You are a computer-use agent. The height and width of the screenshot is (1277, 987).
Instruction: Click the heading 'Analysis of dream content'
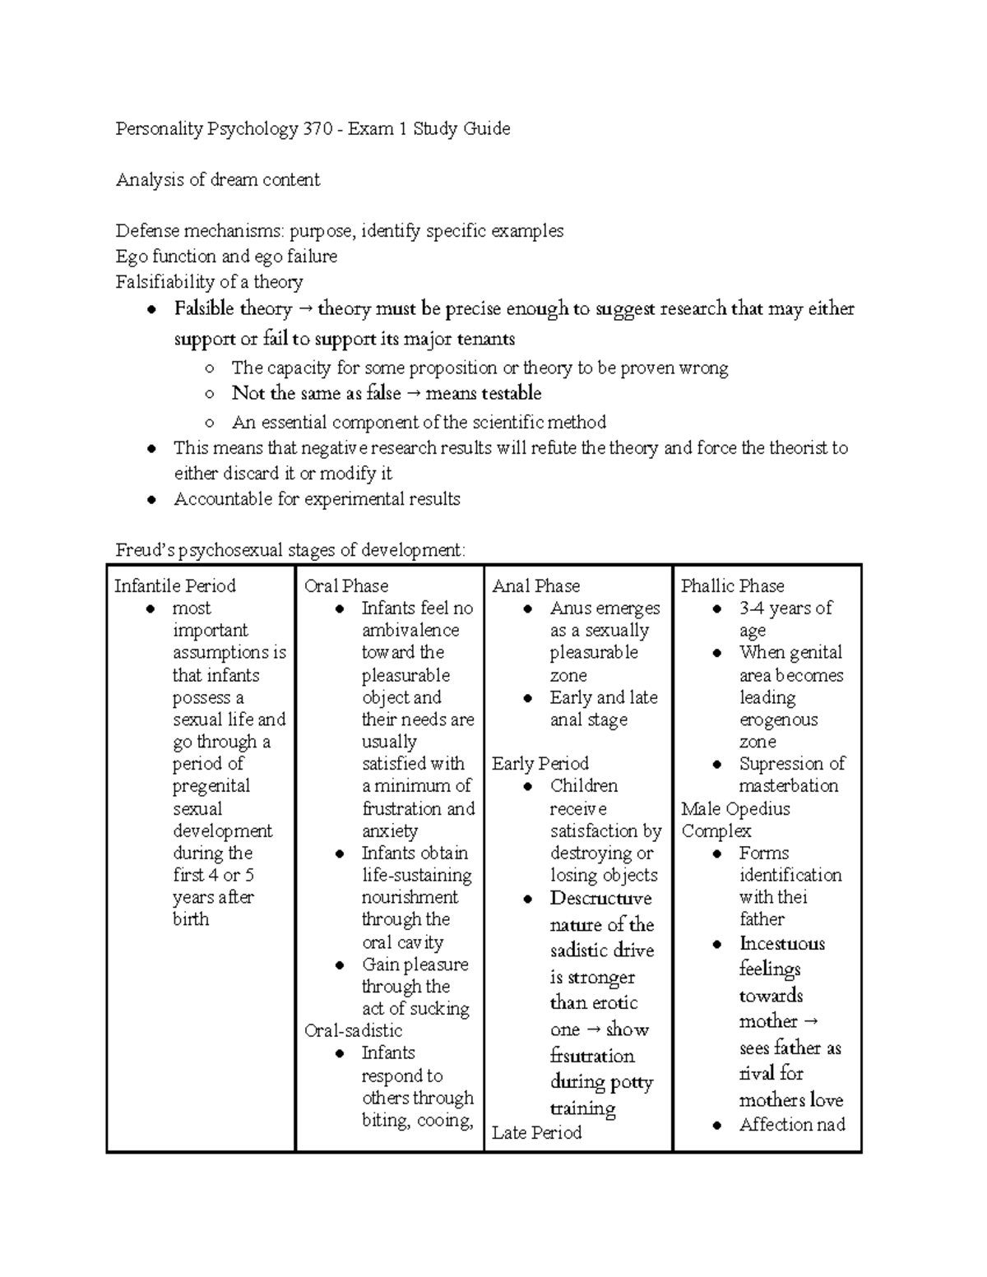click(217, 180)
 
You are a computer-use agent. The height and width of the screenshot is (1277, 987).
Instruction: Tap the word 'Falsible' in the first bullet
click(204, 309)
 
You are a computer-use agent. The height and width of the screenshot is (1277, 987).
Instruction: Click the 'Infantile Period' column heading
click(174, 586)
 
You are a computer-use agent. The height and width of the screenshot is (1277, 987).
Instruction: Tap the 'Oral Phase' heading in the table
click(345, 586)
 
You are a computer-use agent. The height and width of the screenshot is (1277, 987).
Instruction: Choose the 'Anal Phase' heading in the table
click(535, 586)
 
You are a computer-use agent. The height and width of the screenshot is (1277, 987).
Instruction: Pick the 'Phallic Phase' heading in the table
click(732, 586)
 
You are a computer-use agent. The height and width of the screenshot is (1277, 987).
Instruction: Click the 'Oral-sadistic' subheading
click(353, 1031)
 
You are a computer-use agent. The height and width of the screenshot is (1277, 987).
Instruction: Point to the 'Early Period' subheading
click(540, 764)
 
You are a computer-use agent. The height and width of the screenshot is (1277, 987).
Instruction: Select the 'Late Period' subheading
click(536, 1133)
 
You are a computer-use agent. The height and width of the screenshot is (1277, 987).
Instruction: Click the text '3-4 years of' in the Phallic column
click(785, 608)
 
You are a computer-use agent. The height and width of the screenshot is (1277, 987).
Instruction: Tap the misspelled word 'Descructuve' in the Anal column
click(600, 899)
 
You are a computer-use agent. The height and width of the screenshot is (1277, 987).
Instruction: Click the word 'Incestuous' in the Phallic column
click(781, 944)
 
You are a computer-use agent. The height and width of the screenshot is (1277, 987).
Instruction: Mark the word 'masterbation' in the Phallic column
click(788, 786)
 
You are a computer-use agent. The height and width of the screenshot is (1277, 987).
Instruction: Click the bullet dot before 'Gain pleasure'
click(340, 965)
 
